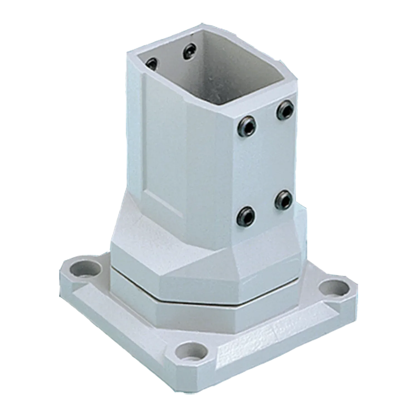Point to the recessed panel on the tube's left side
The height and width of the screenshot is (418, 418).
pos(162,139)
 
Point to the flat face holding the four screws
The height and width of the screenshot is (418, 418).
pos(265,164)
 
